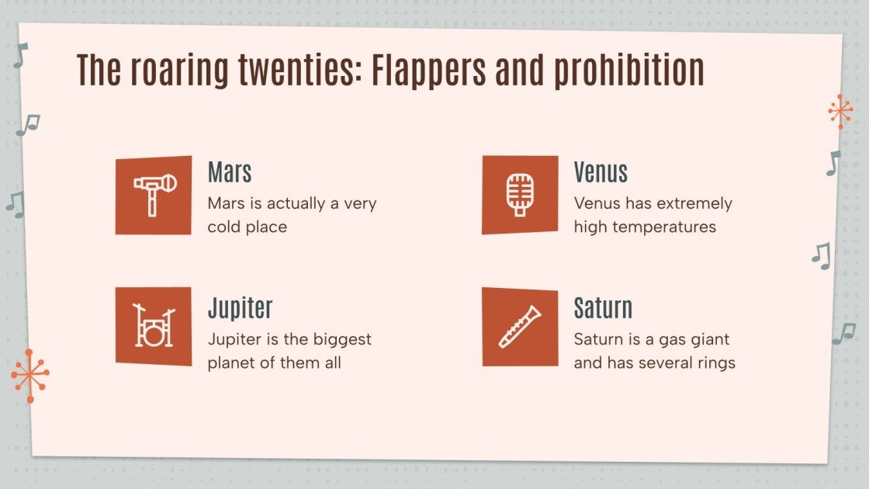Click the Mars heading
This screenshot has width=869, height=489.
(x=230, y=172)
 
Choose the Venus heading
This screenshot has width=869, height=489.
(x=601, y=172)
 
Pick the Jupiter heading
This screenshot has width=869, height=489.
(x=240, y=308)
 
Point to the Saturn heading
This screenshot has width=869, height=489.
(x=603, y=308)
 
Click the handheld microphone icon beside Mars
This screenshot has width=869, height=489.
(x=154, y=195)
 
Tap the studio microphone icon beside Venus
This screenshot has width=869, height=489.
(x=520, y=195)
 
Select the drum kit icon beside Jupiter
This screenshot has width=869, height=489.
(x=154, y=327)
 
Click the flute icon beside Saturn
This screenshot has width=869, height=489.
(x=520, y=327)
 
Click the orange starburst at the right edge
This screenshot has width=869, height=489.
(x=840, y=112)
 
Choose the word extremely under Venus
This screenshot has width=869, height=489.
(x=694, y=203)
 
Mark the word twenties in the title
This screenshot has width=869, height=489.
(x=297, y=71)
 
